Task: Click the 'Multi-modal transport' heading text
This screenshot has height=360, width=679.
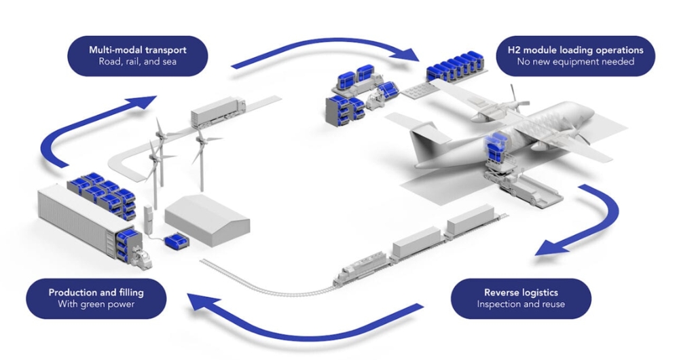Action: (x=137, y=50)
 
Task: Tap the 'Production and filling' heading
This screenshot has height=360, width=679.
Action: (x=96, y=292)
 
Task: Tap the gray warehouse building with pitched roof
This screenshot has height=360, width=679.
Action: (x=206, y=217)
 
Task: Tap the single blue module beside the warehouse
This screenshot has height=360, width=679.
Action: (x=179, y=239)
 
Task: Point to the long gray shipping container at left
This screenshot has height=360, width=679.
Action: (x=78, y=217)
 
